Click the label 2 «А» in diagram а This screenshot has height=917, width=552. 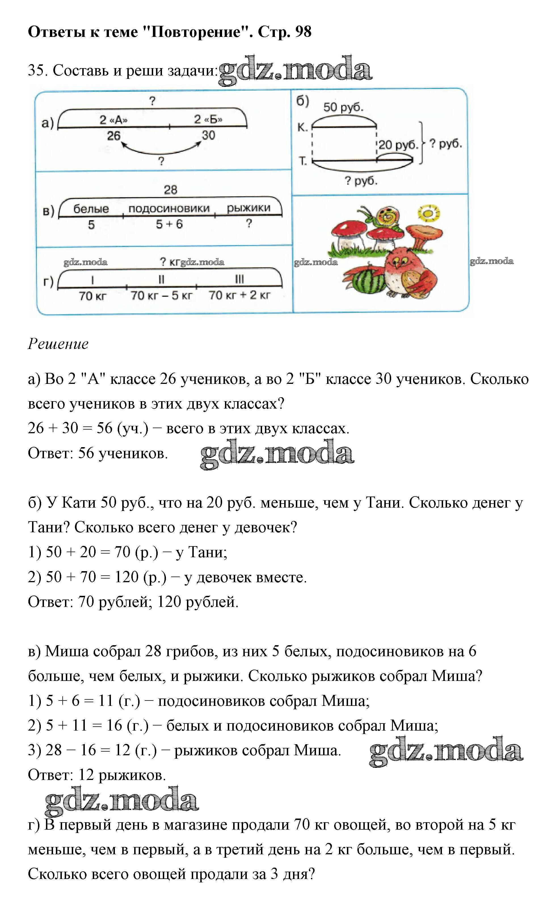(x=113, y=120)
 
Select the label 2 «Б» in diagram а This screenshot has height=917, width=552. (x=208, y=119)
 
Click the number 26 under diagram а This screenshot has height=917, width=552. (x=114, y=136)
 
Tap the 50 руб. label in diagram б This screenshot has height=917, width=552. (x=343, y=108)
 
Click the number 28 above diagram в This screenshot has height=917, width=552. (x=171, y=190)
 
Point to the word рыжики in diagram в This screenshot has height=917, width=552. (x=248, y=208)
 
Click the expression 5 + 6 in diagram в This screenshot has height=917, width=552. (x=169, y=224)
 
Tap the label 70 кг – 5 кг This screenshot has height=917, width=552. (x=161, y=296)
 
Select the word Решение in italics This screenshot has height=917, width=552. (x=58, y=344)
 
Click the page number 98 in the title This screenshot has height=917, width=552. (x=303, y=32)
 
